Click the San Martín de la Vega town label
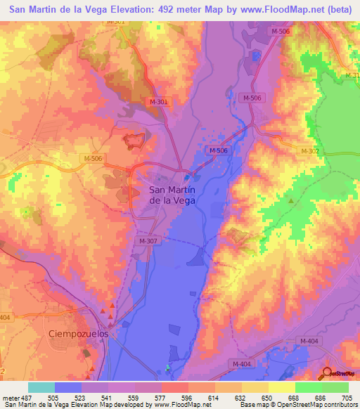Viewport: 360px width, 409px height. (x=172, y=195)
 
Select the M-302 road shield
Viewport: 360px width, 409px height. (x=310, y=151)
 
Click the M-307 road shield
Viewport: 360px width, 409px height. (x=147, y=240)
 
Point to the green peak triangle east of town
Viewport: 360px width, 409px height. (x=290, y=202)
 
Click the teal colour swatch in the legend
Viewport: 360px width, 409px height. (x=41, y=387)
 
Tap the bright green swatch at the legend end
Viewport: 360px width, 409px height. (x=335, y=387)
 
